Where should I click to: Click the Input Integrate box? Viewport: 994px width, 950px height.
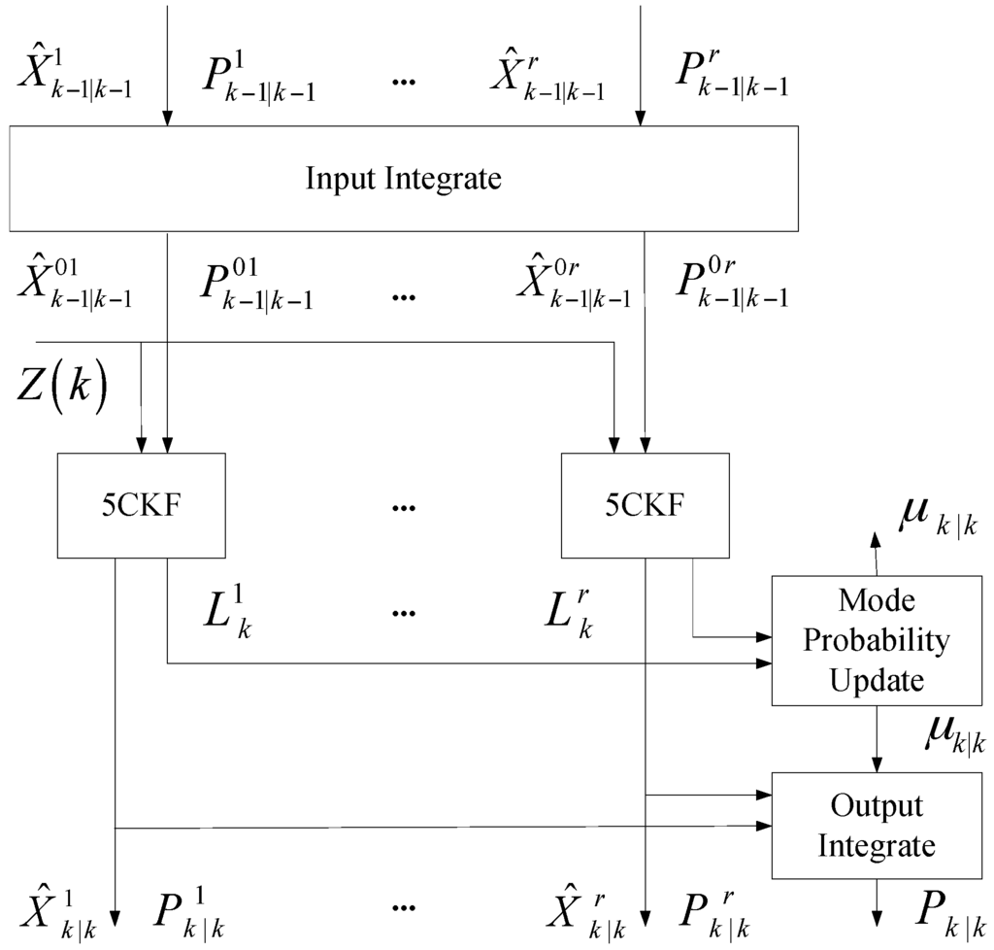(403, 179)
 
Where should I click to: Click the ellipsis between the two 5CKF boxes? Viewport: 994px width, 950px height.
(403, 506)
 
